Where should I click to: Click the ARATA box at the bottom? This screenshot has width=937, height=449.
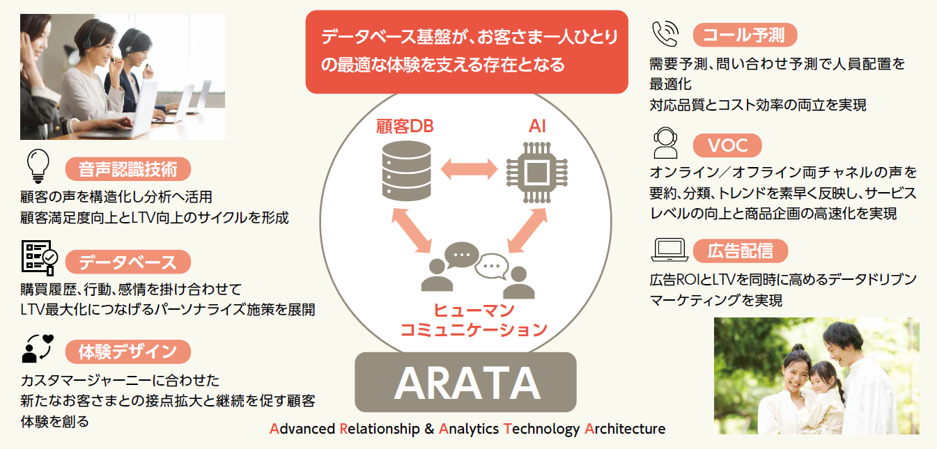click(x=465, y=382)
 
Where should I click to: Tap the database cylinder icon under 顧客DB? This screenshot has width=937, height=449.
click(x=407, y=171)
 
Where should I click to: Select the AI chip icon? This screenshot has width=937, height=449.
click(x=536, y=172)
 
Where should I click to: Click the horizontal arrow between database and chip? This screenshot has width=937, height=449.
click(x=469, y=169)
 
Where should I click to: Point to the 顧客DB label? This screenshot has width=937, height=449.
click(x=405, y=126)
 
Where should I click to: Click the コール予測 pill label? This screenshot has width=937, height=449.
click(x=745, y=35)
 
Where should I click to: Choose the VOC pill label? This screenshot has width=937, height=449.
click(x=727, y=145)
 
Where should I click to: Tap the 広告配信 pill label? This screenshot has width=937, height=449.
click(x=741, y=251)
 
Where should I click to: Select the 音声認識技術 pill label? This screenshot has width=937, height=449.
click(x=128, y=169)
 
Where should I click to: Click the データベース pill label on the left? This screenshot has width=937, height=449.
click(x=128, y=262)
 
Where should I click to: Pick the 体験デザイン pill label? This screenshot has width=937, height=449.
click(x=128, y=352)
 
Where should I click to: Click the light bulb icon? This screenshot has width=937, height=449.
click(x=38, y=166)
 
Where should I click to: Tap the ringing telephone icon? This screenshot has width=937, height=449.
click(x=665, y=33)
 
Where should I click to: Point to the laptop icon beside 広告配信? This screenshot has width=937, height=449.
click(x=669, y=250)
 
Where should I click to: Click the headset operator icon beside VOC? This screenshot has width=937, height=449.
click(x=665, y=143)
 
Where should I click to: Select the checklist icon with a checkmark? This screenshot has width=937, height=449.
click(x=39, y=258)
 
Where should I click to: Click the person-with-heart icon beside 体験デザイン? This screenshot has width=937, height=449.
click(x=38, y=348)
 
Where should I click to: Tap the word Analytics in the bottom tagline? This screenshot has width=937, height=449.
click(x=468, y=429)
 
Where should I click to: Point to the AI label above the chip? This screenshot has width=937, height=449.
click(x=537, y=126)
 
